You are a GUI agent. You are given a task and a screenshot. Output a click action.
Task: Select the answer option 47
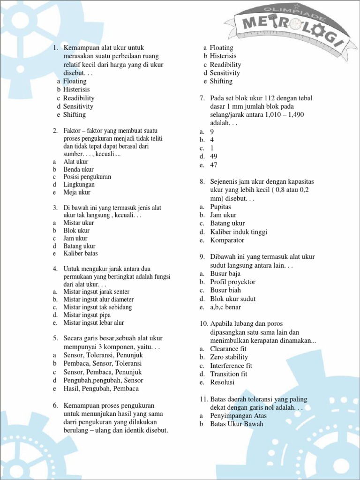[214, 165]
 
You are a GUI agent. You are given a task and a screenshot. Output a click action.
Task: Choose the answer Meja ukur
[77, 192]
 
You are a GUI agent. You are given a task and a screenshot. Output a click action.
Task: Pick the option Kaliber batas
[81, 254]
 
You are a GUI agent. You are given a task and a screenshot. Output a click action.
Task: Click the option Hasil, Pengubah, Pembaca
[101, 389]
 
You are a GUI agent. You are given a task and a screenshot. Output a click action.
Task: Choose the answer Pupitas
[221, 207]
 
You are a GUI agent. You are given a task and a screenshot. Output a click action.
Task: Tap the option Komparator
[227, 240]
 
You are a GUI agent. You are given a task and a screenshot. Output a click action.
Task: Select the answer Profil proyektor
[232, 282]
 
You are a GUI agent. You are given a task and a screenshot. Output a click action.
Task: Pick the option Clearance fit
[228, 349]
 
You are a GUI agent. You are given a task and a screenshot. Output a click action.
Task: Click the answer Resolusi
[223, 382]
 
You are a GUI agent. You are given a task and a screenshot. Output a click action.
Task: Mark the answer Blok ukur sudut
[232, 299]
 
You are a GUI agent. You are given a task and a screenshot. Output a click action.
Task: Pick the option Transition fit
[229, 374]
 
